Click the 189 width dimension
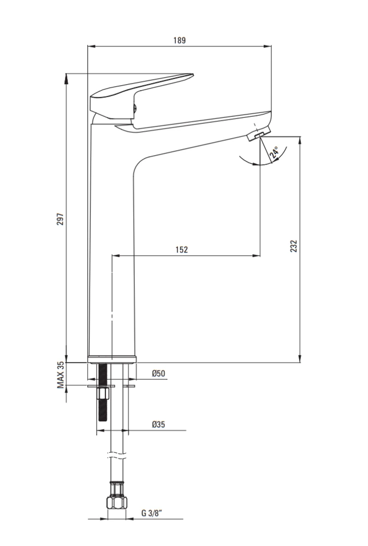click(x=180, y=40)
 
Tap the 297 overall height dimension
click(x=61, y=219)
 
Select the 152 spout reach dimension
click(x=181, y=250)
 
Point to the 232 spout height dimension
click(x=294, y=246)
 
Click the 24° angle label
click(x=274, y=153)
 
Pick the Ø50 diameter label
click(x=158, y=373)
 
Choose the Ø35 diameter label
click(x=158, y=424)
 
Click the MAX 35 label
click(x=61, y=375)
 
